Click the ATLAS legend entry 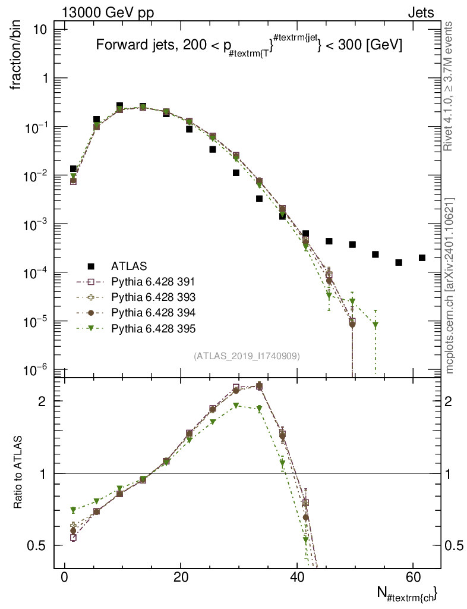[128, 265]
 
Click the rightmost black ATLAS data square [422, 258]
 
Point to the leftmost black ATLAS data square [73, 169]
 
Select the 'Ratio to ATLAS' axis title [18, 473]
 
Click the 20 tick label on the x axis [178, 576]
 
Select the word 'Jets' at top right [420, 12]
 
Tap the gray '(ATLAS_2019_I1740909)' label [247, 356]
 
